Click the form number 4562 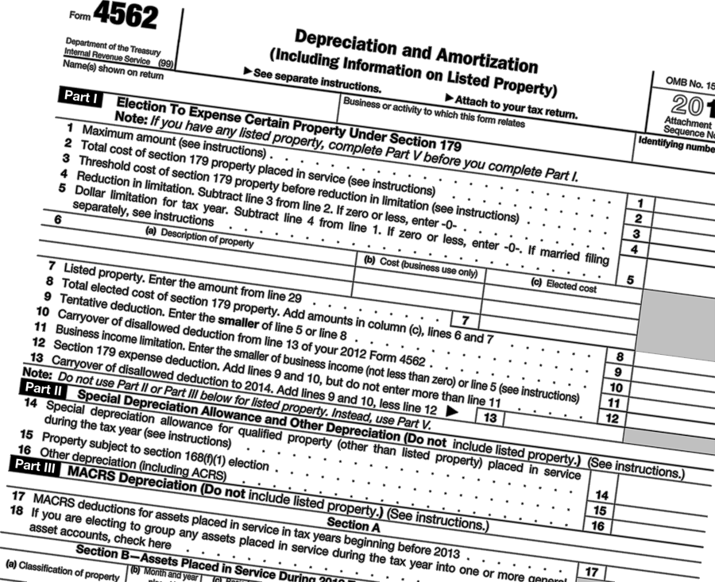tap(125, 15)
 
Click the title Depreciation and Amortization tap(415, 50)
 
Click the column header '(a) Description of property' tap(199, 237)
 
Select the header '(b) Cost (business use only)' tap(420, 267)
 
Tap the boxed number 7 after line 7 tap(465, 320)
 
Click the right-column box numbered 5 tap(629, 280)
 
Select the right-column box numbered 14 tap(601, 495)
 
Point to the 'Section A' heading tap(350, 524)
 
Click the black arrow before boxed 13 tap(453, 410)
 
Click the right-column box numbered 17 tap(591, 571)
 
